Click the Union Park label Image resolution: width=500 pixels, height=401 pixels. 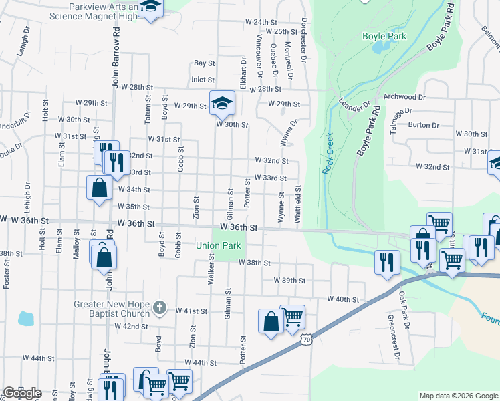click(x=218, y=245)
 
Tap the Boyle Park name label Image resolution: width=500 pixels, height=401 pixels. click(x=378, y=36)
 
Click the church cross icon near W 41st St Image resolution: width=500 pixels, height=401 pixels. click(x=158, y=308)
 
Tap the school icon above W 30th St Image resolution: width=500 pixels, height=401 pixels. click(x=222, y=102)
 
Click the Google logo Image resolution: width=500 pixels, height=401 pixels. click(x=22, y=393)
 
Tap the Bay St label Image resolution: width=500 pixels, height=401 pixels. click(x=204, y=63)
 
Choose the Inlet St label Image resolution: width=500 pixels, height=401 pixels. click(x=203, y=79)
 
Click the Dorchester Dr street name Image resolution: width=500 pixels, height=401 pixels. click(x=303, y=40)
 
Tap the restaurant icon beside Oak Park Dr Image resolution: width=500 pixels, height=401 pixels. click(x=387, y=261)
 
